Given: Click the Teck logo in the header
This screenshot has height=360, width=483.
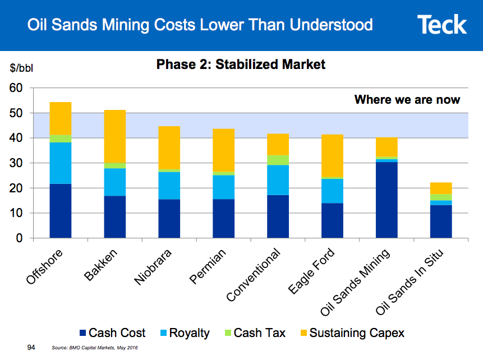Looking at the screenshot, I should coord(441,25).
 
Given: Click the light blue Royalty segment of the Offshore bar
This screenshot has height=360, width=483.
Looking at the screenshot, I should coord(60,163).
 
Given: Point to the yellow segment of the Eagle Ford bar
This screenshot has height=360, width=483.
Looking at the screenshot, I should coord(332,155).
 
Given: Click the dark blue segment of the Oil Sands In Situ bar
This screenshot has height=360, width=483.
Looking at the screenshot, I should coord(440,221).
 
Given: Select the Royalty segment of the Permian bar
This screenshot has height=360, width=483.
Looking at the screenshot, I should coord(223,187).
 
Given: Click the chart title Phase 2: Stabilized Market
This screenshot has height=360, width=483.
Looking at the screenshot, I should coord(241,65).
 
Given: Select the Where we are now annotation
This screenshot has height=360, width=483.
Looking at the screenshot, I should coord(407,100).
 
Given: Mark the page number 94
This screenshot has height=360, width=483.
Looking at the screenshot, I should coord(31,348).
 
